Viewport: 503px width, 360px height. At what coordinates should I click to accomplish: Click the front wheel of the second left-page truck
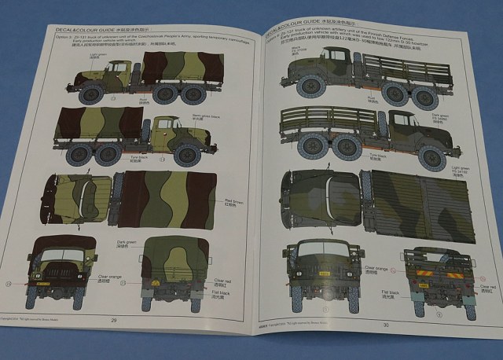pos(186,154)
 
